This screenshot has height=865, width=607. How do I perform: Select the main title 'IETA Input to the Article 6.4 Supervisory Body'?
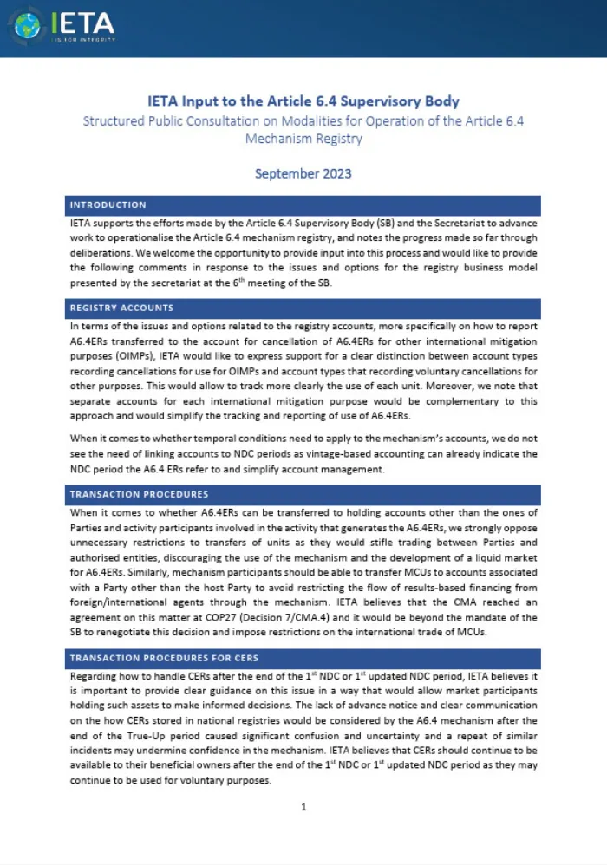(303, 101)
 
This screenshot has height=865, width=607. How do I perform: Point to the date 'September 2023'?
(303, 172)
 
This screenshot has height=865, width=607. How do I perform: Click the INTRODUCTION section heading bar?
(303, 205)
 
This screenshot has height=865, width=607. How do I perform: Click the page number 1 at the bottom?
(303, 807)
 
